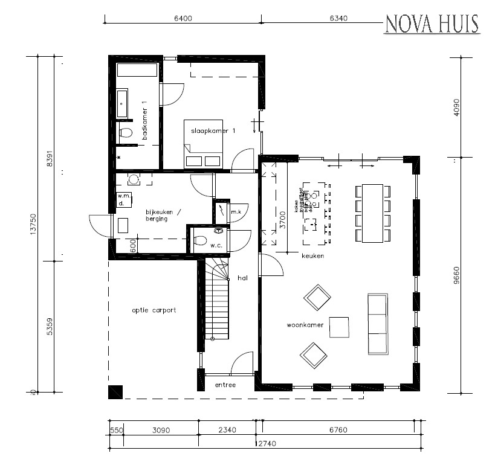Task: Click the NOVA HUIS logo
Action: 431,24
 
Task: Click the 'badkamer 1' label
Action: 145,120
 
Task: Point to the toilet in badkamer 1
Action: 126,133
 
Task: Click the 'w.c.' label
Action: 216,245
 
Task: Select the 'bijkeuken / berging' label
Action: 156,216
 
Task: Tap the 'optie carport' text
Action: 154,310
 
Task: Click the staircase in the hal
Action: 216,302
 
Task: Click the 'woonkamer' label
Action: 305,325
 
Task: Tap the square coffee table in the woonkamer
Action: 339,327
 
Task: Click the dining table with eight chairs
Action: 373,213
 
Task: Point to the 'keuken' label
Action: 313,256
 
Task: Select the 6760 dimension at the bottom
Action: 339,431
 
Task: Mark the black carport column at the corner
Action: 115,392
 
